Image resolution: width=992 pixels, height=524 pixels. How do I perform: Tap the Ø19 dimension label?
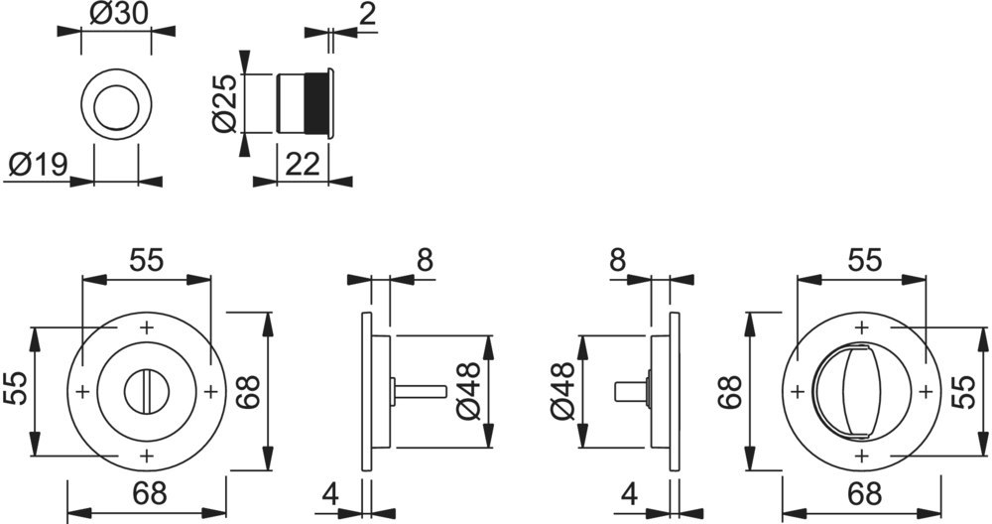click(x=38, y=165)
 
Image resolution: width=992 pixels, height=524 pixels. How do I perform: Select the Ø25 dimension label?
click(x=225, y=103)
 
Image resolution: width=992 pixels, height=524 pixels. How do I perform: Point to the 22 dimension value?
click(x=303, y=165)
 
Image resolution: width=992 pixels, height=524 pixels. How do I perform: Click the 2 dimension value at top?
click(x=368, y=14)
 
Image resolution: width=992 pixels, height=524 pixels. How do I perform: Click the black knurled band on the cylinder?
click(x=315, y=103)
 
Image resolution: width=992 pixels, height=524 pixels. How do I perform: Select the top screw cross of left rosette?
click(x=147, y=327)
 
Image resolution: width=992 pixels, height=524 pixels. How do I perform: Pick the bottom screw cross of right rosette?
click(x=861, y=456)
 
